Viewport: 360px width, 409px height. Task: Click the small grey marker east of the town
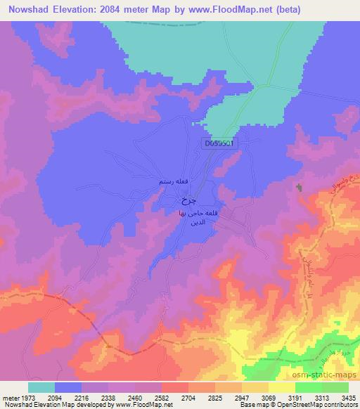(x=300, y=188)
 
